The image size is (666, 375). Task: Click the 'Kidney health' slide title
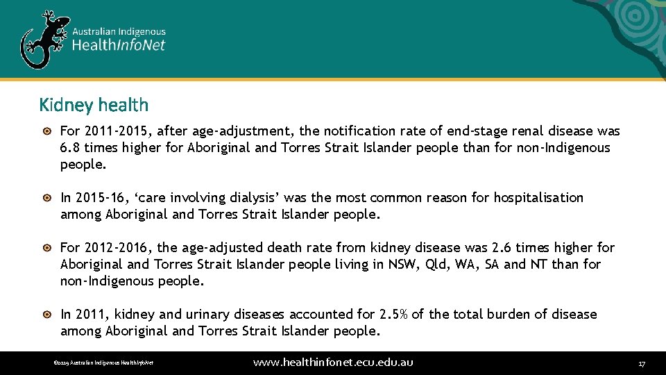[94, 105]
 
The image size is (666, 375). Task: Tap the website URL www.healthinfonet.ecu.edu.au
[333, 362]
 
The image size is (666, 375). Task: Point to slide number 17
[642, 363]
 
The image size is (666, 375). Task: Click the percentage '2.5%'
[394, 315]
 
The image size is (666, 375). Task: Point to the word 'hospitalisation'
[538, 198]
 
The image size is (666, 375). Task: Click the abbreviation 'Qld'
[436, 265]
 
